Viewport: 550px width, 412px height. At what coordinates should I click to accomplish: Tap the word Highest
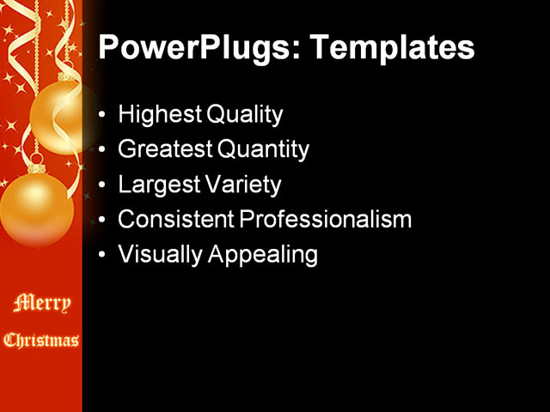pos(160,114)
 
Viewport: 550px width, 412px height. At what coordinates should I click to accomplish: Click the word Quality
pos(244,114)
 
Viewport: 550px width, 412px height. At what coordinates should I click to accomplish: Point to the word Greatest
pos(166,148)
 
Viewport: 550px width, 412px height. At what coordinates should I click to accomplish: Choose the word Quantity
pos(263,148)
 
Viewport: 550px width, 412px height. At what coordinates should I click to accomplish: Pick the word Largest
pos(159,185)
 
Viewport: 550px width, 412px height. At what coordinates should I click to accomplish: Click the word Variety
pos(242,185)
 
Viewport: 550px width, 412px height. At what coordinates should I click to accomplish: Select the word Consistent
pos(176,219)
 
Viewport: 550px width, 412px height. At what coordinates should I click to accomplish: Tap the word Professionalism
pos(326,219)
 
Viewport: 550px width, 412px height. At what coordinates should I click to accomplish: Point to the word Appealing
pos(263,254)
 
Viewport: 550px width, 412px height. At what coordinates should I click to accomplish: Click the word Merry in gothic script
pos(42,303)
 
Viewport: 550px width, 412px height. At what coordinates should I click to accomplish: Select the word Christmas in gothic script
pos(41,340)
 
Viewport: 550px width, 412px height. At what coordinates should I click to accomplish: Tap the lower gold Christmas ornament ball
pos(36,209)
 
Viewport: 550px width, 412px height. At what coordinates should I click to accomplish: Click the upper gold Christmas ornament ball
pos(58,118)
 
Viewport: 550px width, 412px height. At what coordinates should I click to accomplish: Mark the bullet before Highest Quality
pos(101,114)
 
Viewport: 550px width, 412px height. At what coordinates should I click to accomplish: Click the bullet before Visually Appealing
pos(101,254)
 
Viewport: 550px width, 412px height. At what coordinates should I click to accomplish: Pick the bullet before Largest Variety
pos(101,185)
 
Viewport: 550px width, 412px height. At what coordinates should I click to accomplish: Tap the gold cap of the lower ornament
pos(36,168)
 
